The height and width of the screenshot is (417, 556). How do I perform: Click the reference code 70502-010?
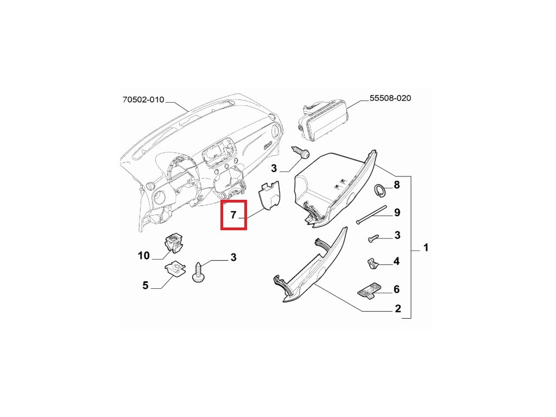point(143,100)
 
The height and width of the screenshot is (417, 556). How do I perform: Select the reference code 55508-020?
point(390,98)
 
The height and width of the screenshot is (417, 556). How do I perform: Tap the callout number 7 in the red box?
point(233,215)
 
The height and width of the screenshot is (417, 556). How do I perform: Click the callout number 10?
point(143,255)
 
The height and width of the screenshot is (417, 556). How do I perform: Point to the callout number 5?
point(145,285)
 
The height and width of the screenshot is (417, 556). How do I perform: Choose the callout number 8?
point(396,185)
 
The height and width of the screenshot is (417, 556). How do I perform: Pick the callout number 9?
point(397,212)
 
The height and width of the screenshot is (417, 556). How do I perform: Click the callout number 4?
point(396,261)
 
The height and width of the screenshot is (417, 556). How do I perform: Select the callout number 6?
point(396,289)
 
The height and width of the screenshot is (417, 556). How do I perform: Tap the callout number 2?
point(397,309)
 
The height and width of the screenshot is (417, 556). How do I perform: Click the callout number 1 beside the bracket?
point(426,248)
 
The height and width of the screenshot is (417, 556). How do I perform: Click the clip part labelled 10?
point(174,243)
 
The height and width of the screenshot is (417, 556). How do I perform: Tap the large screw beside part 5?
point(198,271)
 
